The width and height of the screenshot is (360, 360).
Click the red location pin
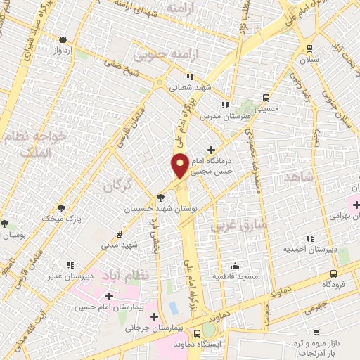click(x=179, y=165)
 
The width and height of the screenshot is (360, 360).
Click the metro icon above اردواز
click(x=63, y=39)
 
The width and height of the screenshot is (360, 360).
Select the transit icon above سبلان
click(x=309, y=48)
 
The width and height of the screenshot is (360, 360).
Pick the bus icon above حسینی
click(x=266, y=98)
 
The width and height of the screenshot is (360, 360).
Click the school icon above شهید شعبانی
click(x=189, y=75)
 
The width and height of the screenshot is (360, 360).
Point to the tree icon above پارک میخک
click(x=63, y=207)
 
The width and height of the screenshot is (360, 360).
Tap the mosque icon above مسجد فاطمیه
click(x=236, y=267)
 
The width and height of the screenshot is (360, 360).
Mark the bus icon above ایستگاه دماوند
click(x=198, y=333)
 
